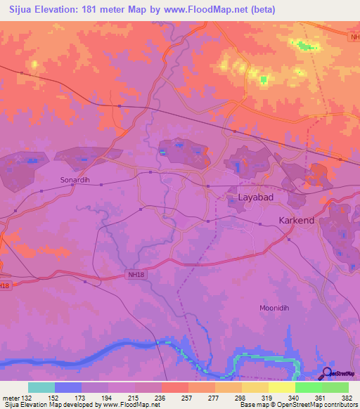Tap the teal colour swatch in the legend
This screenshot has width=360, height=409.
[41, 387]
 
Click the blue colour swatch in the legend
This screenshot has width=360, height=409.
[67, 387]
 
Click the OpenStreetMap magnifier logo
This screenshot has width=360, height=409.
[328, 374]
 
